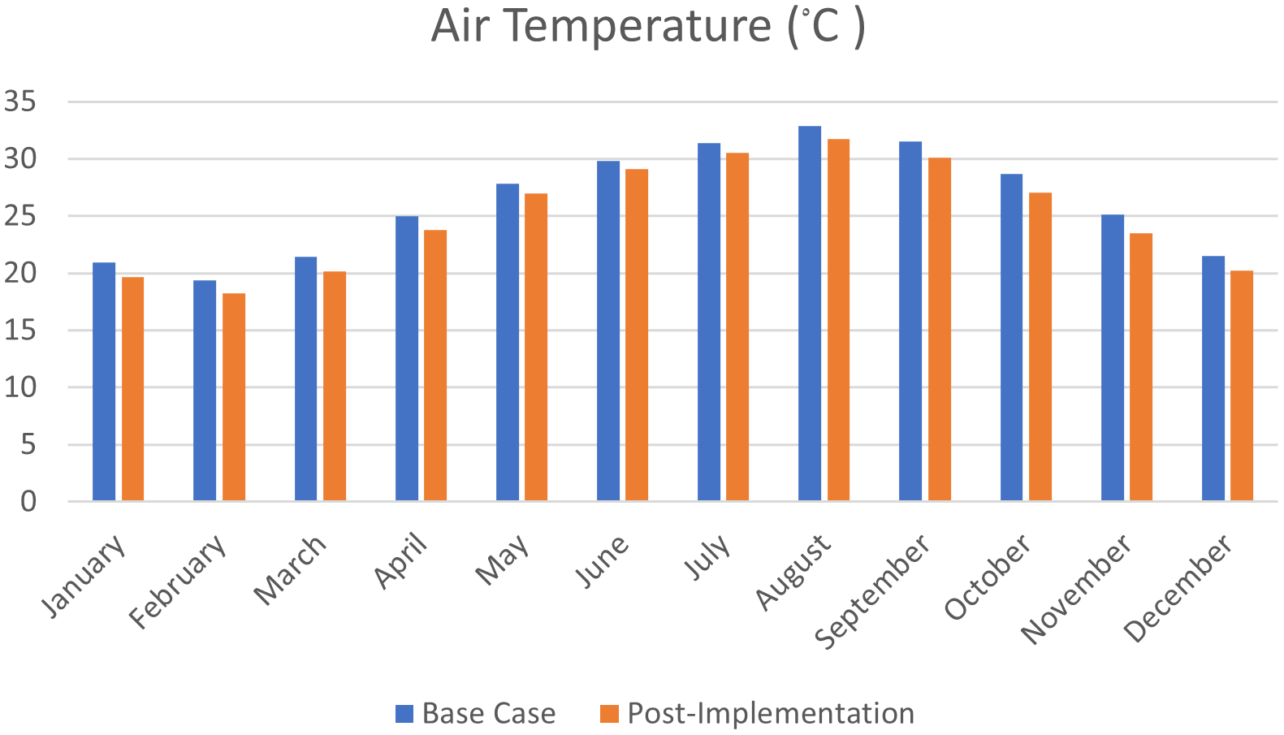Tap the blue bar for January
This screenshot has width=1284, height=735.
[104, 381]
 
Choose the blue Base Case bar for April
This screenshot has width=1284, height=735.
[407, 358]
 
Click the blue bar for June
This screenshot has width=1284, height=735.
[608, 331]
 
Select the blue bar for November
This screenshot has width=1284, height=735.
[1113, 357]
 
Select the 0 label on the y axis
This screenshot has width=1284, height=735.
[28, 501]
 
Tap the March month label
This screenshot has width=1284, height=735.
[291, 570]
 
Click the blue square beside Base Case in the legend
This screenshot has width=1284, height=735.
[404, 714]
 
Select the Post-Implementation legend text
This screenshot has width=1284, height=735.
[771, 714]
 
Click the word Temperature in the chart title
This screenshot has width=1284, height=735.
[634, 26]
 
